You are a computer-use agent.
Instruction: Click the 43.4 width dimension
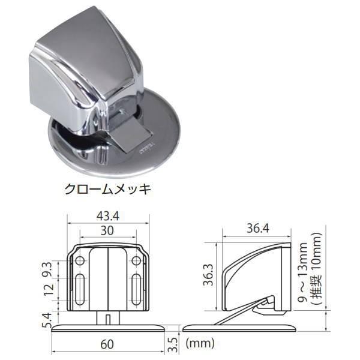108,215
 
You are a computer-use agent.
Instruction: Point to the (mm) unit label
200,344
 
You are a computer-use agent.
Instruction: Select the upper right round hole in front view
136,261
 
